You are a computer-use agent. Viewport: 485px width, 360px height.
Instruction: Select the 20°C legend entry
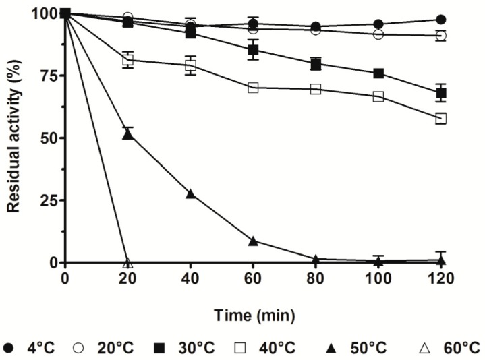[x=108, y=349]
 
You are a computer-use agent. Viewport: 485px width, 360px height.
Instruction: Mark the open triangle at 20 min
[x=127, y=262]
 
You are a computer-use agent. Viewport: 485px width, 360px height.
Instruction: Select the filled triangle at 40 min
[x=190, y=193]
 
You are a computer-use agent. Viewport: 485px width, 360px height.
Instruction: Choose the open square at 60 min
[x=253, y=88]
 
